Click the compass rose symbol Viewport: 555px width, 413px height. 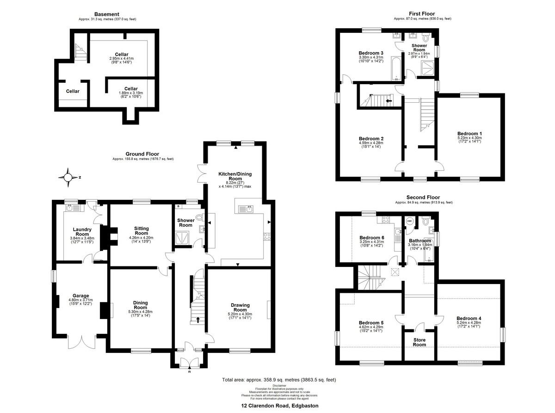[x=68, y=178]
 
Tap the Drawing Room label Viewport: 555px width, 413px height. [x=240, y=308]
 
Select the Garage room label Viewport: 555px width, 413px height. [x=81, y=296]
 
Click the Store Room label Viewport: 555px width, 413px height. [x=419, y=342]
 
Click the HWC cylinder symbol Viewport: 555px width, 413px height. [x=410, y=221]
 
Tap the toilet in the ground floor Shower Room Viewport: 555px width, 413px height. [x=200, y=217]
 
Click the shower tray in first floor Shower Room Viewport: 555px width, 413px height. [x=428, y=68]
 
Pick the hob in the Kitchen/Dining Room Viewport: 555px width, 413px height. [x=267, y=237]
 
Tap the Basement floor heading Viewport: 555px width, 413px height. [x=106, y=14]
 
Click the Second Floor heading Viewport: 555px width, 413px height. [x=423, y=197]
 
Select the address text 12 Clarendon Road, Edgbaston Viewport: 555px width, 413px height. [x=280, y=406]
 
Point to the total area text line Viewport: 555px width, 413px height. [x=279, y=380]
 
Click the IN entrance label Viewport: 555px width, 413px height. [x=190, y=372]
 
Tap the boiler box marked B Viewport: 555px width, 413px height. [x=178, y=206]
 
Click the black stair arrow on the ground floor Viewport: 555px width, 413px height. [x=198, y=320]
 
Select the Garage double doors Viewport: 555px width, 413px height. [x=81, y=342]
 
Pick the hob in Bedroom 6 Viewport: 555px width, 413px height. [x=386, y=220]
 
